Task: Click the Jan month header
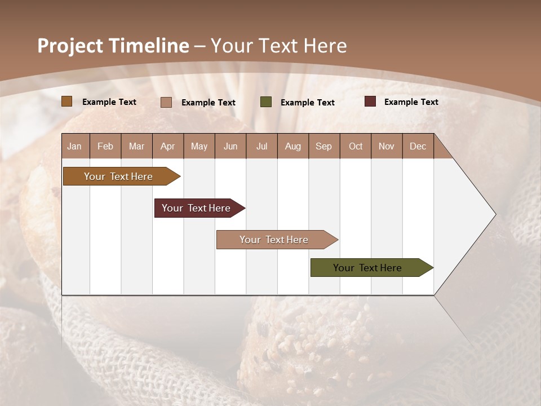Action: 75,146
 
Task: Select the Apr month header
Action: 168,146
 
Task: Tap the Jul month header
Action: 261,146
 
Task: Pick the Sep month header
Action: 324,146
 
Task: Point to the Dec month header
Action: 418,146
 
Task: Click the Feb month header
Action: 105,146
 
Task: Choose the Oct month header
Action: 356,146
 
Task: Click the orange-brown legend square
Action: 67,101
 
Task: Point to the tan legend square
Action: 166,102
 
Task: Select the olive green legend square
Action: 266,102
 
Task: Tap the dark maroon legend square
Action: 370,101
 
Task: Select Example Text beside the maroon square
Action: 411,102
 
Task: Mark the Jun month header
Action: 230,146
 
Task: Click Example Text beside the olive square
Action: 307,103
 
